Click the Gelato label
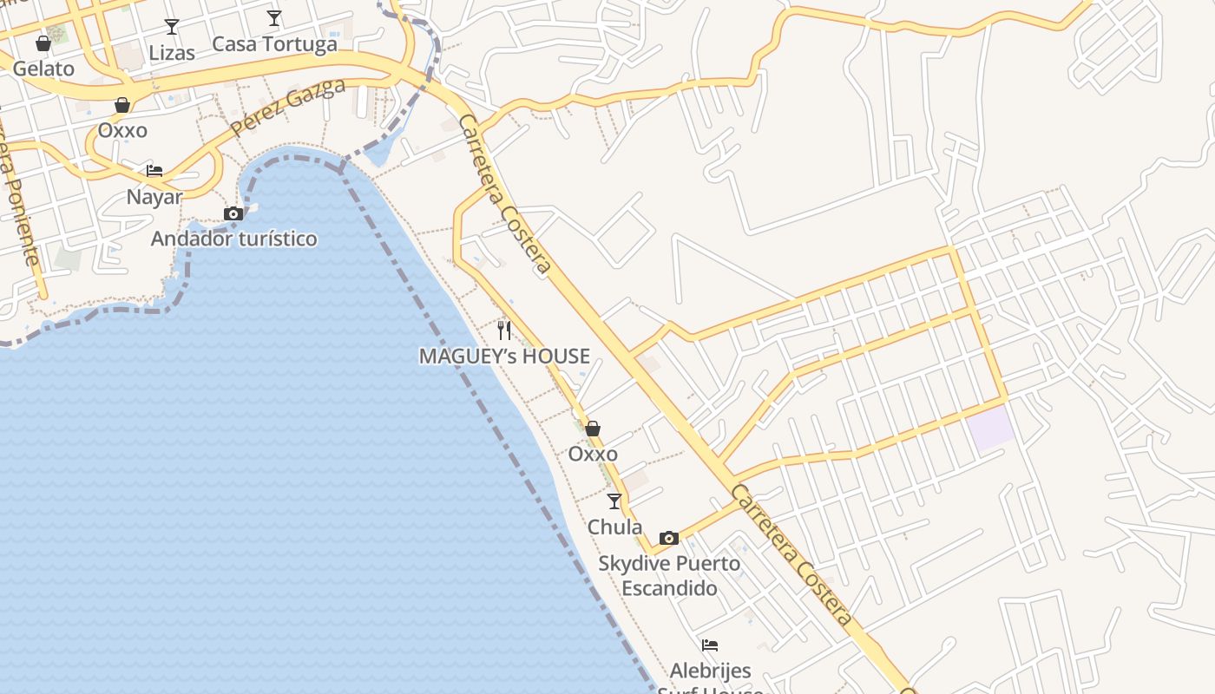43,68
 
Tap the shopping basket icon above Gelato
43,43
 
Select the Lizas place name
172,53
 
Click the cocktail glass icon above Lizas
172,27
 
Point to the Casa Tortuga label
274,44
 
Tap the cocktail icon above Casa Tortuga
274,18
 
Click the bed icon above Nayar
154,170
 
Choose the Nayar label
154,197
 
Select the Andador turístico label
234,239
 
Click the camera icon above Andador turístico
233,213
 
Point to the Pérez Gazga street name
288,108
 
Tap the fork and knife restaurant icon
504,330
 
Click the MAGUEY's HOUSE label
504,356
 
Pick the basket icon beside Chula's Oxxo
593,429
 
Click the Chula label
614,527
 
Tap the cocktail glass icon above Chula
614,501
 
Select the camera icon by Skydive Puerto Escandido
668,538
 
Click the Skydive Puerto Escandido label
669,575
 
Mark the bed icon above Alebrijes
710,645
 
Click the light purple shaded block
991,428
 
